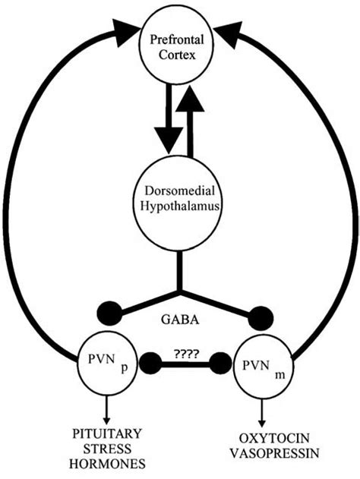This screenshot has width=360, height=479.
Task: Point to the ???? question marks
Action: point(185,353)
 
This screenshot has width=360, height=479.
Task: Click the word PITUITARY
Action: point(103,433)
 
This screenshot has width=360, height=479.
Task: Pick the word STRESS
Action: point(103,446)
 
